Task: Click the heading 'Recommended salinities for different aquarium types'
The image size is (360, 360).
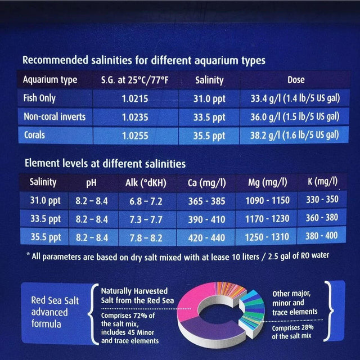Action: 143,60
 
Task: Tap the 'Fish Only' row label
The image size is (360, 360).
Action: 39,98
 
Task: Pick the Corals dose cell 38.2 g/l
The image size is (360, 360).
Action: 295,136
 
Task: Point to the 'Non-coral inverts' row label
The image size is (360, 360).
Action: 55,117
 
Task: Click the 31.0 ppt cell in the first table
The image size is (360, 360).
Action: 210,99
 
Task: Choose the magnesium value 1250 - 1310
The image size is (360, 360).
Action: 267,237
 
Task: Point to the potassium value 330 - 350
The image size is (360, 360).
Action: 322,200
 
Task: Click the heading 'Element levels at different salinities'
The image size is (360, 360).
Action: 105,164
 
